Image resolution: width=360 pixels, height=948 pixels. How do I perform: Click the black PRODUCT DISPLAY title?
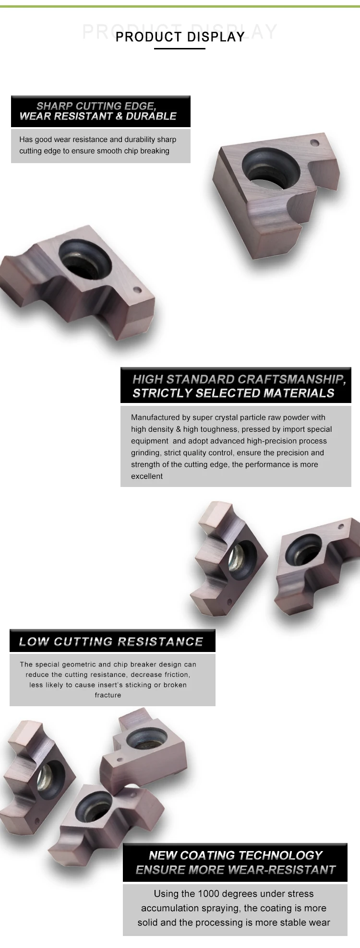(x=180, y=37)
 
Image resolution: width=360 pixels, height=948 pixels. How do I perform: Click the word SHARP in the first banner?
(x=54, y=106)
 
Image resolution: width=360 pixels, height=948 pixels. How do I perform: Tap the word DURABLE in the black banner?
(x=151, y=116)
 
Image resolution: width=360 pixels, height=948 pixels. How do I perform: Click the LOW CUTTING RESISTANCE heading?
(x=111, y=641)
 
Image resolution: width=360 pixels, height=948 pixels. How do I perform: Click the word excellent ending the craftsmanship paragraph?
(x=147, y=476)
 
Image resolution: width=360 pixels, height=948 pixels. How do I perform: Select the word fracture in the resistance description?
(x=108, y=695)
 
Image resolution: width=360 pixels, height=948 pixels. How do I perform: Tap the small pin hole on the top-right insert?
(x=314, y=143)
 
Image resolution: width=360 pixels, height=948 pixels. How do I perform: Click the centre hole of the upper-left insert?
(x=84, y=258)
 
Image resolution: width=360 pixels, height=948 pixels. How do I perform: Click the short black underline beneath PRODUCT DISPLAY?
(x=180, y=48)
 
